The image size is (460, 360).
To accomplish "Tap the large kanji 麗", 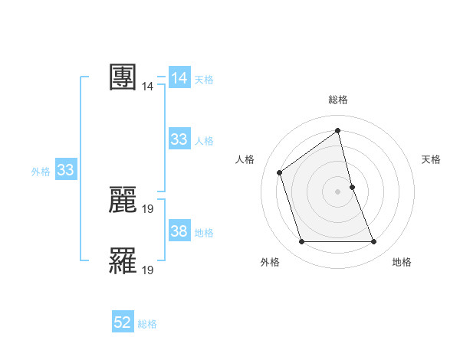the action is coord(123,200).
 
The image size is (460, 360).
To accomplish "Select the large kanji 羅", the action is coord(123,260).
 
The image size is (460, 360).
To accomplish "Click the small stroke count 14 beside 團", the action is coord(147,87).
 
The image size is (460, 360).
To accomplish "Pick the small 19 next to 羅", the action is coord(148,270).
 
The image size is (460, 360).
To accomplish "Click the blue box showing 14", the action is coord(179,78).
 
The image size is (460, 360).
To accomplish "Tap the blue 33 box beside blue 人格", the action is coord(179,139).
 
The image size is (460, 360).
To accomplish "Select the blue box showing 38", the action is coord(179,231).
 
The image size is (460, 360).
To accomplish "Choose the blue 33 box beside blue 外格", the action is coord(65,170).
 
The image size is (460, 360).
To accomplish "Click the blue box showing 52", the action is coord(123,323).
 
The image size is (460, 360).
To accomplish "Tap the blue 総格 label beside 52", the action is coord(147,324).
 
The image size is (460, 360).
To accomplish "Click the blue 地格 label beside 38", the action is coord(204,232).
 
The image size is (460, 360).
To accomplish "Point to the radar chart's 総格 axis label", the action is coord(338,100).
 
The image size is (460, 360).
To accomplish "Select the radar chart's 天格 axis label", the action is coord(431,159).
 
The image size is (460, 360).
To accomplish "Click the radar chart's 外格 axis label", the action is coord(270,262).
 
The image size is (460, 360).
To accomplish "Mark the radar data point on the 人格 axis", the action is coord(280,172).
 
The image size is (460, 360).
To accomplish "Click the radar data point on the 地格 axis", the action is coord(373,242).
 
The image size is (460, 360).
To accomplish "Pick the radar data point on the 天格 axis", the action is coord(352,186).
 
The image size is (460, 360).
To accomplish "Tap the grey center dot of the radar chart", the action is coord(337,191).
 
